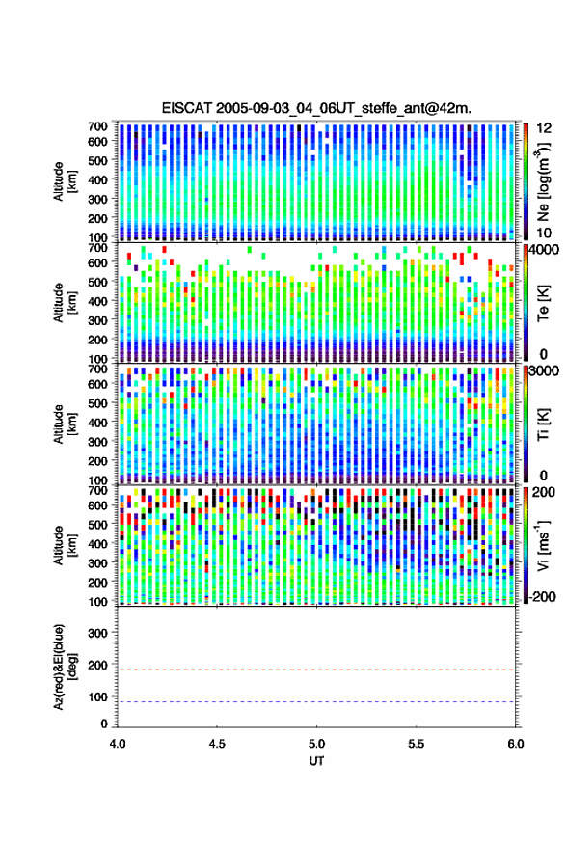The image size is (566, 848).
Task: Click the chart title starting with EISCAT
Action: click(x=316, y=108)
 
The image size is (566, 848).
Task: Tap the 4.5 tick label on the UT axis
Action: click(x=217, y=744)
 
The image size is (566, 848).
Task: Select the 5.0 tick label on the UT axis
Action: click(x=317, y=744)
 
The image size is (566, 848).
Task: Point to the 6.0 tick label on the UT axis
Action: click(x=515, y=744)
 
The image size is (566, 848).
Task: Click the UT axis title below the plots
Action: click(x=316, y=761)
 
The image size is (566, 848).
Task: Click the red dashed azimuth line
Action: click(x=316, y=670)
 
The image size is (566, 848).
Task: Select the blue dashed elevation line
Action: click(x=316, y=702)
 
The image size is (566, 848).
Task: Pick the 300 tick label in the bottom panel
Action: click(x=97, y=633)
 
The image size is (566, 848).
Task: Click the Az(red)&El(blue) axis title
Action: click(x=64, y=667)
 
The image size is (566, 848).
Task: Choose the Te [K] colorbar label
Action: click(x=543, y=303)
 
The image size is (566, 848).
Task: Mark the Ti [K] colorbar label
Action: click(x=543, y=424)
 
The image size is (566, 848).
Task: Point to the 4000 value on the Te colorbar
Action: click(x=545, y=250)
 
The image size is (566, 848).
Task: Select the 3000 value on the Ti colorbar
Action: click(x=545, y=371)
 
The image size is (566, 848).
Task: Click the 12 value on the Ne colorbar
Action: click(x=544, y=128)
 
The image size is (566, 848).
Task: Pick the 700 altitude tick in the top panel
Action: click(x=97, y=126)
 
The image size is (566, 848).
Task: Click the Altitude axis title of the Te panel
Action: click(x=64, y=302)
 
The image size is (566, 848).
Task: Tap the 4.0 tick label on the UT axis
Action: click(x=118, y=744)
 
